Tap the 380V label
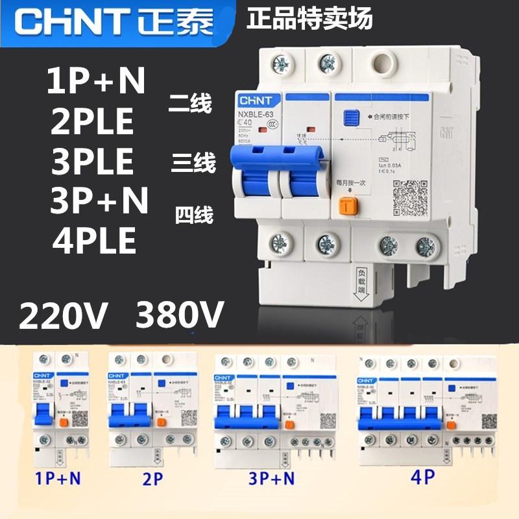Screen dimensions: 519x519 (x=179, y=316)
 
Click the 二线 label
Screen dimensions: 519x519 (x=189, y=103)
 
